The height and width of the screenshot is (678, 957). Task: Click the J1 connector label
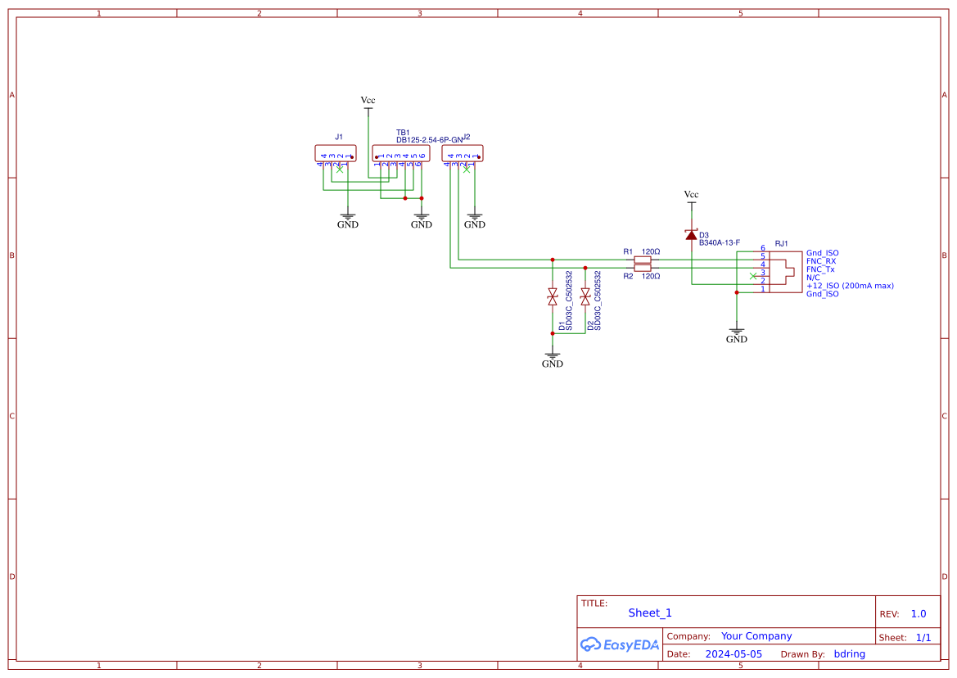[x=339, y=137]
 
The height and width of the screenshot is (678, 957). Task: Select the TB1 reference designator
[x=403, y=132]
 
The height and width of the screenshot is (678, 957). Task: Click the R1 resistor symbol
[x=643, y=260]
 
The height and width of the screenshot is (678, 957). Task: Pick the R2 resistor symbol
[x=643, y=268]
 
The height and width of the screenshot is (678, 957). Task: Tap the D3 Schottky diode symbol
[x=692, y=235]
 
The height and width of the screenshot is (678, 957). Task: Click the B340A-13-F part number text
[x=720, y=242]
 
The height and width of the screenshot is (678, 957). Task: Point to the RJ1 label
[x=781, y=243]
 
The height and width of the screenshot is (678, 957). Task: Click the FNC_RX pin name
[x=821, y=261]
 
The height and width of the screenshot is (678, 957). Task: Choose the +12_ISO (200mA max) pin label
[x=850, y=286]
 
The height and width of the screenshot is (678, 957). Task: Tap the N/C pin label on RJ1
[x=813, y=278]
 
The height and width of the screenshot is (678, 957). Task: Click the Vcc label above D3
[x=692, y=194]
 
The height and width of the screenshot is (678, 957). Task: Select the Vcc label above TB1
[x=368, y=100]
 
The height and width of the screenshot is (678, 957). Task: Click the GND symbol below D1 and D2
[x=553, y=359]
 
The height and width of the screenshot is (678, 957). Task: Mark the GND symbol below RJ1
[x=737, y=335]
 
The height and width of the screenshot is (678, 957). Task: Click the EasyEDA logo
[x=620, y=644]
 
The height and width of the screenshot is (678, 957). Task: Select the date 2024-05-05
[x=734, y=654]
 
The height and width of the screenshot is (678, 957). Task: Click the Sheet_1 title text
[x=650, y=612]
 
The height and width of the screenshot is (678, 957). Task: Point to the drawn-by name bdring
[x=849, y=654]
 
